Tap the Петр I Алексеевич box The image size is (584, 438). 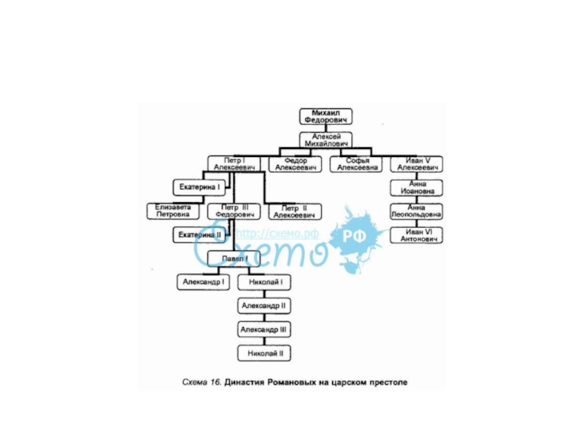[234, 164]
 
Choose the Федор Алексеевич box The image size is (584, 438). [296, 164]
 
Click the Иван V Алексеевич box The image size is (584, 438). [416, 164]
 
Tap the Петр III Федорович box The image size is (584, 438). [234, 212]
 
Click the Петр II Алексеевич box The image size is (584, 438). [296, 212]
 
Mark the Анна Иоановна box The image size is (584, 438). [416, 188]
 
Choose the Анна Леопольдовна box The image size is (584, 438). [416, 212]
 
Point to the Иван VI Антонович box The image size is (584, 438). [416, 235]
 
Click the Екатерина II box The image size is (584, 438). [199, 235]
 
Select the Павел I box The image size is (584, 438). [234, 258]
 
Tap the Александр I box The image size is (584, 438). [204, 281]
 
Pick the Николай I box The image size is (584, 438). [265, 281]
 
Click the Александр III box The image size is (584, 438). [265, 329]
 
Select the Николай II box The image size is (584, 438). [265, 353]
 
